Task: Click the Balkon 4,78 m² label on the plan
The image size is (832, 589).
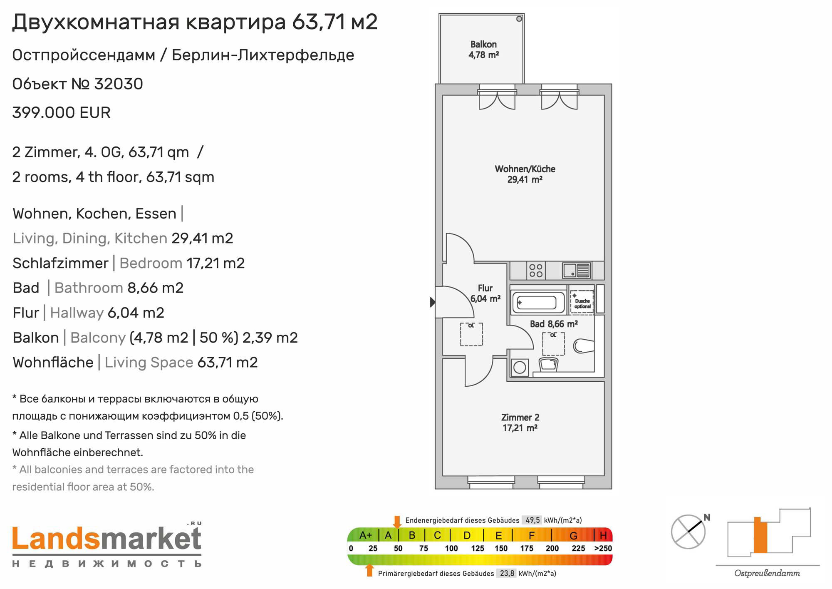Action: coord(483,50)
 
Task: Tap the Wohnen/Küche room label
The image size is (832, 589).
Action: coord(525,174)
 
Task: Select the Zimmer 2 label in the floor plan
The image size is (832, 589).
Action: coord(520,422)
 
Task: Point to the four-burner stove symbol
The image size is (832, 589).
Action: coord(536,271)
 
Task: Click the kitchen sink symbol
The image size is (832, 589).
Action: coord(576,271)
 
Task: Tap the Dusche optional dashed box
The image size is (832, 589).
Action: coord(582,301)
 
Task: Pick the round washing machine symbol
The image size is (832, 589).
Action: coord(519,367)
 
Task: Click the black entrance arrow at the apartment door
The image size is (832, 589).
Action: coord(433,302)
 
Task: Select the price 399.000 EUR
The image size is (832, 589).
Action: coord(62,113)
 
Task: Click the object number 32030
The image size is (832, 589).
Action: coord(119,84)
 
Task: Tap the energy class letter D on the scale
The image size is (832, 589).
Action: coord(467,535)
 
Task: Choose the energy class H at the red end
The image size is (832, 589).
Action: coord(603,535)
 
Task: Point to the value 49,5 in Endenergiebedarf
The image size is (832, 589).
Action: coord(532,520)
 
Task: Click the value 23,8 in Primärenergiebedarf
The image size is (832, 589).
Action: coord(507,573)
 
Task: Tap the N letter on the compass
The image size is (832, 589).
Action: coord(707,517)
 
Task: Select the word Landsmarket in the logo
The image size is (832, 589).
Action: coord(107,539)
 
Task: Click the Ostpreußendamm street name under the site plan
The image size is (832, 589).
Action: coord(767,573)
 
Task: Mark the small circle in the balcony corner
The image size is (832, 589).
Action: coord(519,19)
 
